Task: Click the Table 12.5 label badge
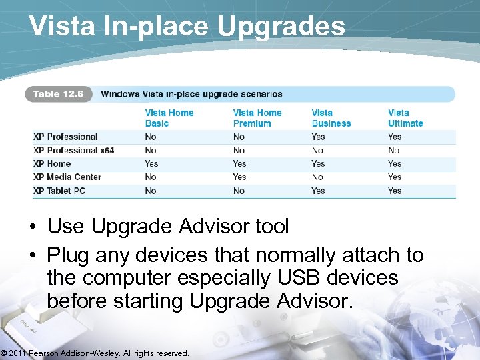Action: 59,94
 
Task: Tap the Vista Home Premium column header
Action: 257,118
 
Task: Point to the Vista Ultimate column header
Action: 405,118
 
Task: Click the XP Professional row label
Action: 65,137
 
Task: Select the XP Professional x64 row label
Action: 73,150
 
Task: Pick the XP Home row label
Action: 52,163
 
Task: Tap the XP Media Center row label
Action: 67,177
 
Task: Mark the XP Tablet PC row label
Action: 59,191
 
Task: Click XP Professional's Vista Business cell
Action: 318,137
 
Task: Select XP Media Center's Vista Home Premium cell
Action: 239,177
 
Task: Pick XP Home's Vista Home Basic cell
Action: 151,163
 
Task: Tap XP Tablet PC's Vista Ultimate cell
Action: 395,191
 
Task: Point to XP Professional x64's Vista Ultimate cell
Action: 394,150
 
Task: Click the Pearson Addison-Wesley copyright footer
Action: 95,353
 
